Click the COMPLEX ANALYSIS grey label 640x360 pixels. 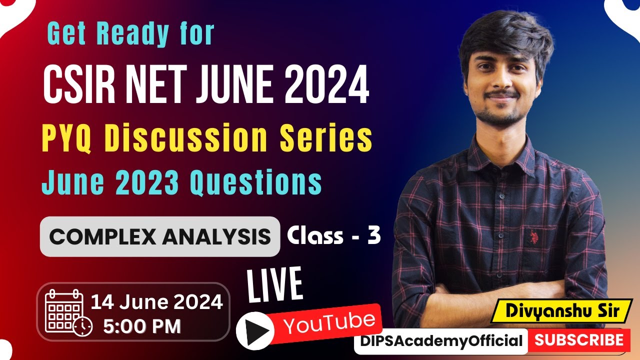[x=160, y=236]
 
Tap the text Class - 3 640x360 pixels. [x=333, y=235]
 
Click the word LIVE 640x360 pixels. [x=275, y=286]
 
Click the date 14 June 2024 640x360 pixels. [x=156, y=302]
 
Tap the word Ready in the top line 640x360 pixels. [x=133, y=33]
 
